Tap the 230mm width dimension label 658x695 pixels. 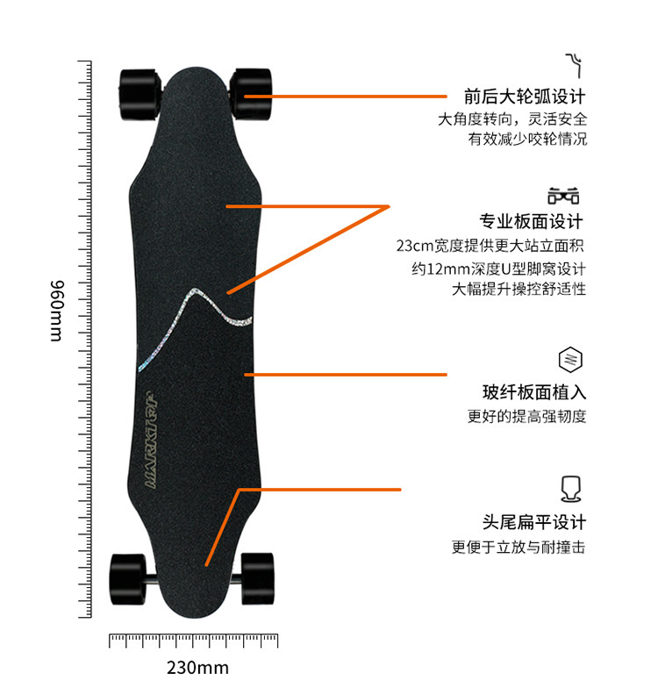click(x=197, y=668)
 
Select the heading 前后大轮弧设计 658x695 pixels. click(x=525, y=97)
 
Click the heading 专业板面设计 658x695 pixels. click(x=532, y=222)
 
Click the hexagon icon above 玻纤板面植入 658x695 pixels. click(x=570, y=360)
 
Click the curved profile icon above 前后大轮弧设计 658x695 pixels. click(x=574, y=63)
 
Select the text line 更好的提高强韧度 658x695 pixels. click(x=526, y=417)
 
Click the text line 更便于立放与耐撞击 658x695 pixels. click(x=519, y=548)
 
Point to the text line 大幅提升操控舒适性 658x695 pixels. click(x=519, y=289)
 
